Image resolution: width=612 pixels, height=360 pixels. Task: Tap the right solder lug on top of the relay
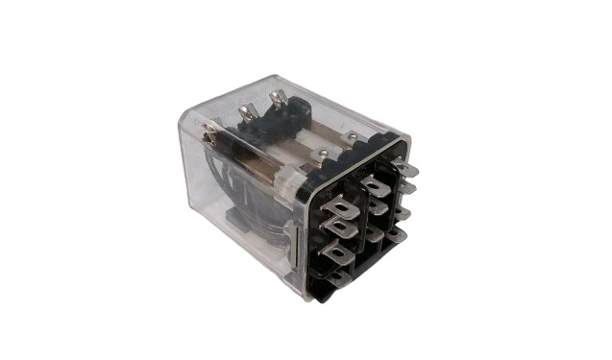(278, 99)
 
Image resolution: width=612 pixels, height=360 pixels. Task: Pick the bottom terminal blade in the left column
(339, 278)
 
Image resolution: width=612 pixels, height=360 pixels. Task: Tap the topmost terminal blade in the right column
(405, 169)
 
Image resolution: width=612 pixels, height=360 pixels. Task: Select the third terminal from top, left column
(336, 252)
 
